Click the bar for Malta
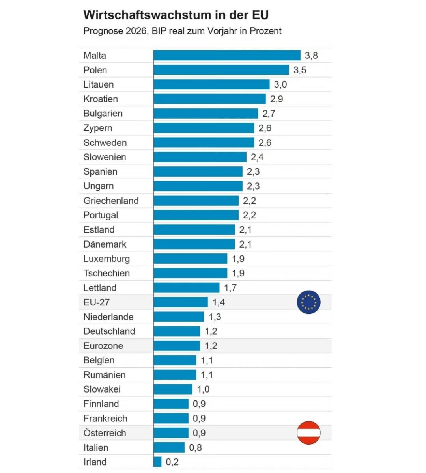227,56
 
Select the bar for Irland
158,462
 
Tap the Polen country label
95,70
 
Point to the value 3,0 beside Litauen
280,84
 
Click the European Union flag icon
308,302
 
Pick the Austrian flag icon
308,433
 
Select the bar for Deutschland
177,331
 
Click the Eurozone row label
103,346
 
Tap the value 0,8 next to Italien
196,447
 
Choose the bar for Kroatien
209,99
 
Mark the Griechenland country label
111,201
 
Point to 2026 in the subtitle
136,31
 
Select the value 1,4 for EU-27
219,302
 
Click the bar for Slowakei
173,389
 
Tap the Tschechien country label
106,273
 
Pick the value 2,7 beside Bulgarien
269,114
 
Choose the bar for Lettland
187,288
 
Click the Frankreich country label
105,418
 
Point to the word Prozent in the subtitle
265,31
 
